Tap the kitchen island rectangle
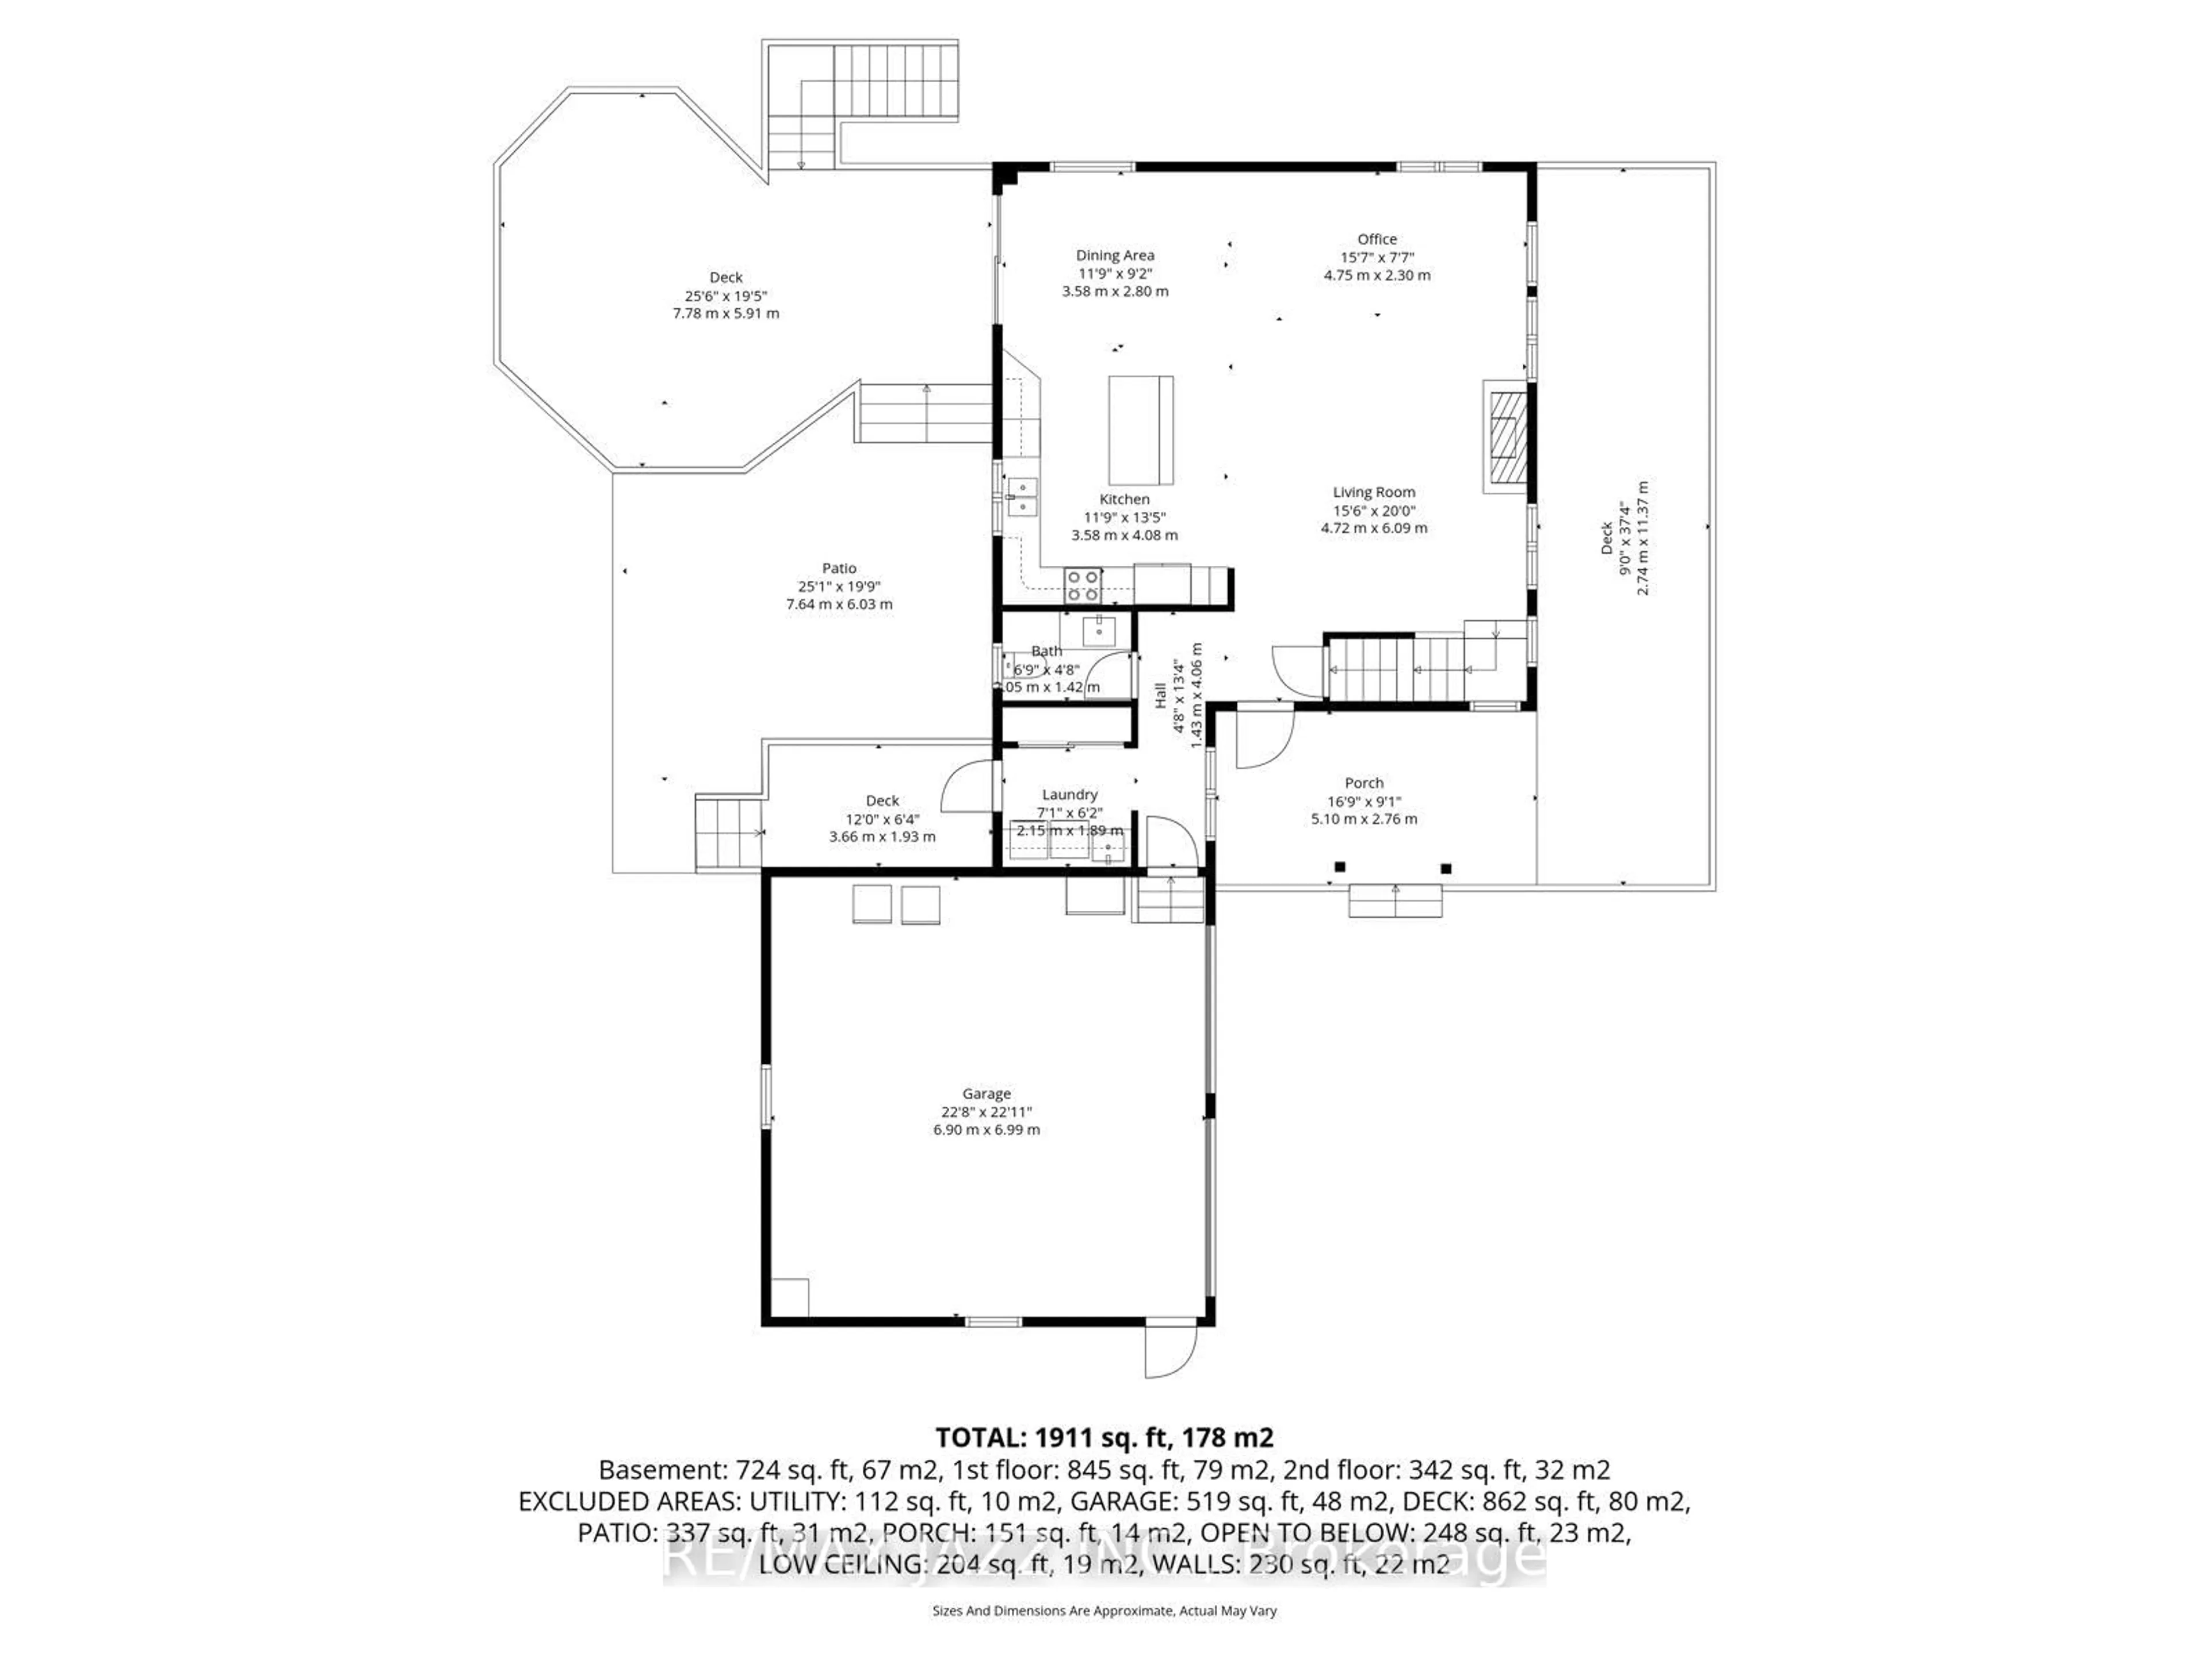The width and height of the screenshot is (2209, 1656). pyautogui.click(x=1140, y=428)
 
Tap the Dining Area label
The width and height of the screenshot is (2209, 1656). pyautogui.click(x=1114, y=255)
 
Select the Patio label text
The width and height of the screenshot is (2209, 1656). pyautogui.click(x=839, y=568)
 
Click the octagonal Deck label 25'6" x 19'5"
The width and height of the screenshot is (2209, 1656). pyautogui.click(x=726, y=296)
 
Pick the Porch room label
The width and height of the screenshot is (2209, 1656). pyautogui.click(x=1363, y=783)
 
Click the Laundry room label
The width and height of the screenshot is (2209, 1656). pyautogui.click(x=1069, y=795)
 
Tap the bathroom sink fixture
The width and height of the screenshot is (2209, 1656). pyautogui.click(x=1099, y=631)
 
